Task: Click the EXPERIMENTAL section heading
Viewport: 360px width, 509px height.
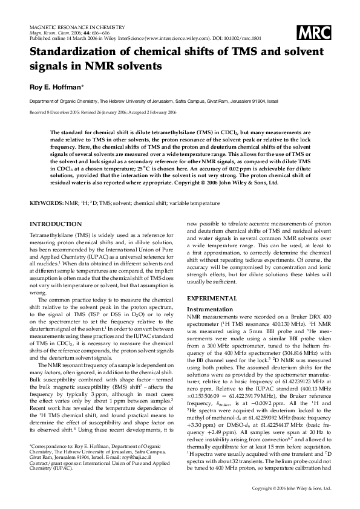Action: tap(212, 299)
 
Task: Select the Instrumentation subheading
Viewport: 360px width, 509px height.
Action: tap(210, 308)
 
